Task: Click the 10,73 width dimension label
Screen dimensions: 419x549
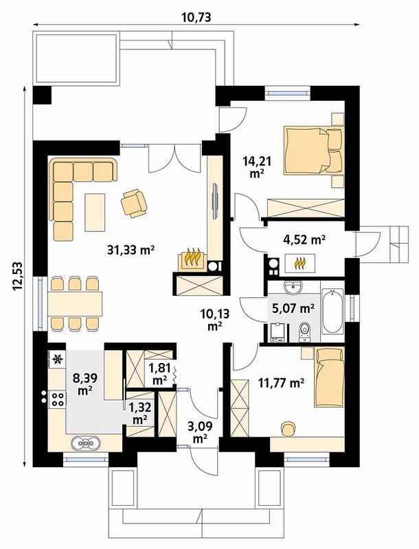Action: tap(196, 17)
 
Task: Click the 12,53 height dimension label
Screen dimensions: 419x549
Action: tap(17, 276)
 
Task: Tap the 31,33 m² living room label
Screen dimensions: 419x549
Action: tap(131, 250)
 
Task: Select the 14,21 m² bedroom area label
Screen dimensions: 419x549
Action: tap(257, 167)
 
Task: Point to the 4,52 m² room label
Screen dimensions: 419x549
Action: tap(304, 240)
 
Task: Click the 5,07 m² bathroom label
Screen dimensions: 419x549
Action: tap(293, 308)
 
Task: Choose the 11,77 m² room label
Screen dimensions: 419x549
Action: tap(281, 384)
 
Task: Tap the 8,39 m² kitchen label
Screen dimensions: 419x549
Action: tap(84, 384)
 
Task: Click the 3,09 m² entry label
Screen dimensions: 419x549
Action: tap(200, 432)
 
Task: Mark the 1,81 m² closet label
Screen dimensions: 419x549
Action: tap(160, 374)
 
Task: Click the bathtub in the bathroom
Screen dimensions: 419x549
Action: tap(332, 311)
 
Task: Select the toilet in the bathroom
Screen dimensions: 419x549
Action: tap(304, 331)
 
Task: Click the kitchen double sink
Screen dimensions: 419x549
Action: tap(85, 443)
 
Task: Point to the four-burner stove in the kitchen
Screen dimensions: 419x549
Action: tap(58, 399)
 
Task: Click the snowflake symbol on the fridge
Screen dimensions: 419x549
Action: tap(57, 359)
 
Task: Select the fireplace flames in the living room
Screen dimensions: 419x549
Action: tap(194, 259)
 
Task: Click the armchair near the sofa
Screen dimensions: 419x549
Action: tap(134, 203)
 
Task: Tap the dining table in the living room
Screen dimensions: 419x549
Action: tap(75, 303)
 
